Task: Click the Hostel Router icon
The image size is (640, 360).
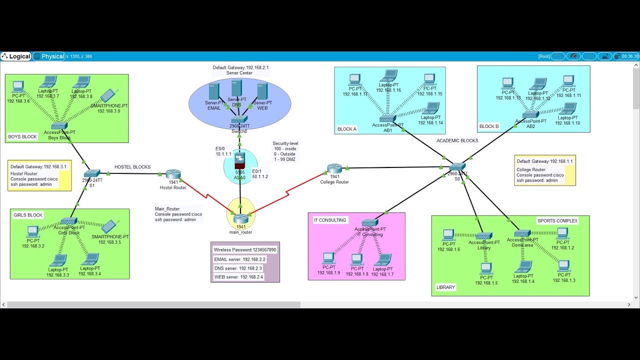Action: (x=173, y=174)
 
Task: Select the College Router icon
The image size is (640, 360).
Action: (x=334, y=169)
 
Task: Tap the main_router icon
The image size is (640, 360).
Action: (x=240, y=218)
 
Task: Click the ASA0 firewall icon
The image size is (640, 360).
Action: (x=239, y=160)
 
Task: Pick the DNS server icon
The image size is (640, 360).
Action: (x=236, y=89)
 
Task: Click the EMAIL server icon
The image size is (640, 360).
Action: (x=214, y=91)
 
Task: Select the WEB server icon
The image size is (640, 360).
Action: (x=262, y=91)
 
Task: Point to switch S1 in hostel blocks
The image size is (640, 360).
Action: (x=92, y=173)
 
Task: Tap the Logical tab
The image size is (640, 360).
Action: (x=16, y=56)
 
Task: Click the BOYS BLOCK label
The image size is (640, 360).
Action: (x=22, y=136)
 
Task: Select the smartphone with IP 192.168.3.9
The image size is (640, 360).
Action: (x=109, y=96)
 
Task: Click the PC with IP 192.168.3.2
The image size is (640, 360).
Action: (x=32, y=231)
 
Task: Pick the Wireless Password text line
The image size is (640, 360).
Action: (x=245, y=249)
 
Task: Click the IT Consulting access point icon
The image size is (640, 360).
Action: (x=369, y=223)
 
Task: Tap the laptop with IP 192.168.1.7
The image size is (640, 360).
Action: (x=382, y=260)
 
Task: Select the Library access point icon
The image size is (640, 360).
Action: (x=483, y=236)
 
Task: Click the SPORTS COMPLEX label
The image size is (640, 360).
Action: (x=557, y=220)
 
